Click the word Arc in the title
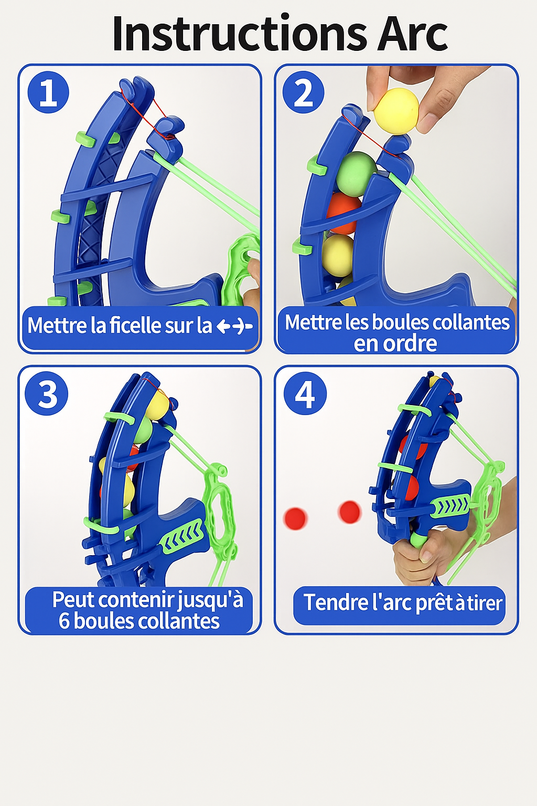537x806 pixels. pos(412,33)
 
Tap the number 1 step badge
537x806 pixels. pos(48,92)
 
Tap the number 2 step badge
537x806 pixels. pos(303,92)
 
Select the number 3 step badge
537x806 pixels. pos(46,394)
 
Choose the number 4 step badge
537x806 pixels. pos(305,394)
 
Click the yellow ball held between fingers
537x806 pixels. pos(396,111)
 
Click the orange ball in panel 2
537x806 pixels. pos(343,214)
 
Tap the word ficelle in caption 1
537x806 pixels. pos(135,325)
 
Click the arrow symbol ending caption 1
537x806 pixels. pos(234,326)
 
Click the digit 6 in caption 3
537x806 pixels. pos(64,621)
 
